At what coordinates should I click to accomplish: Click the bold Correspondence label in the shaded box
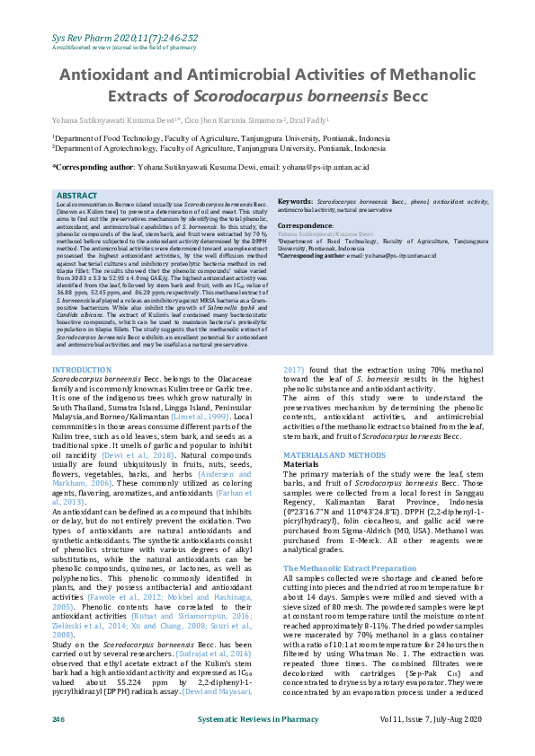(305, 226)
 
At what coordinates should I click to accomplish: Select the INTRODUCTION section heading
(82, 370)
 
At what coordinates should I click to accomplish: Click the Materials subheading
(302, 465)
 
